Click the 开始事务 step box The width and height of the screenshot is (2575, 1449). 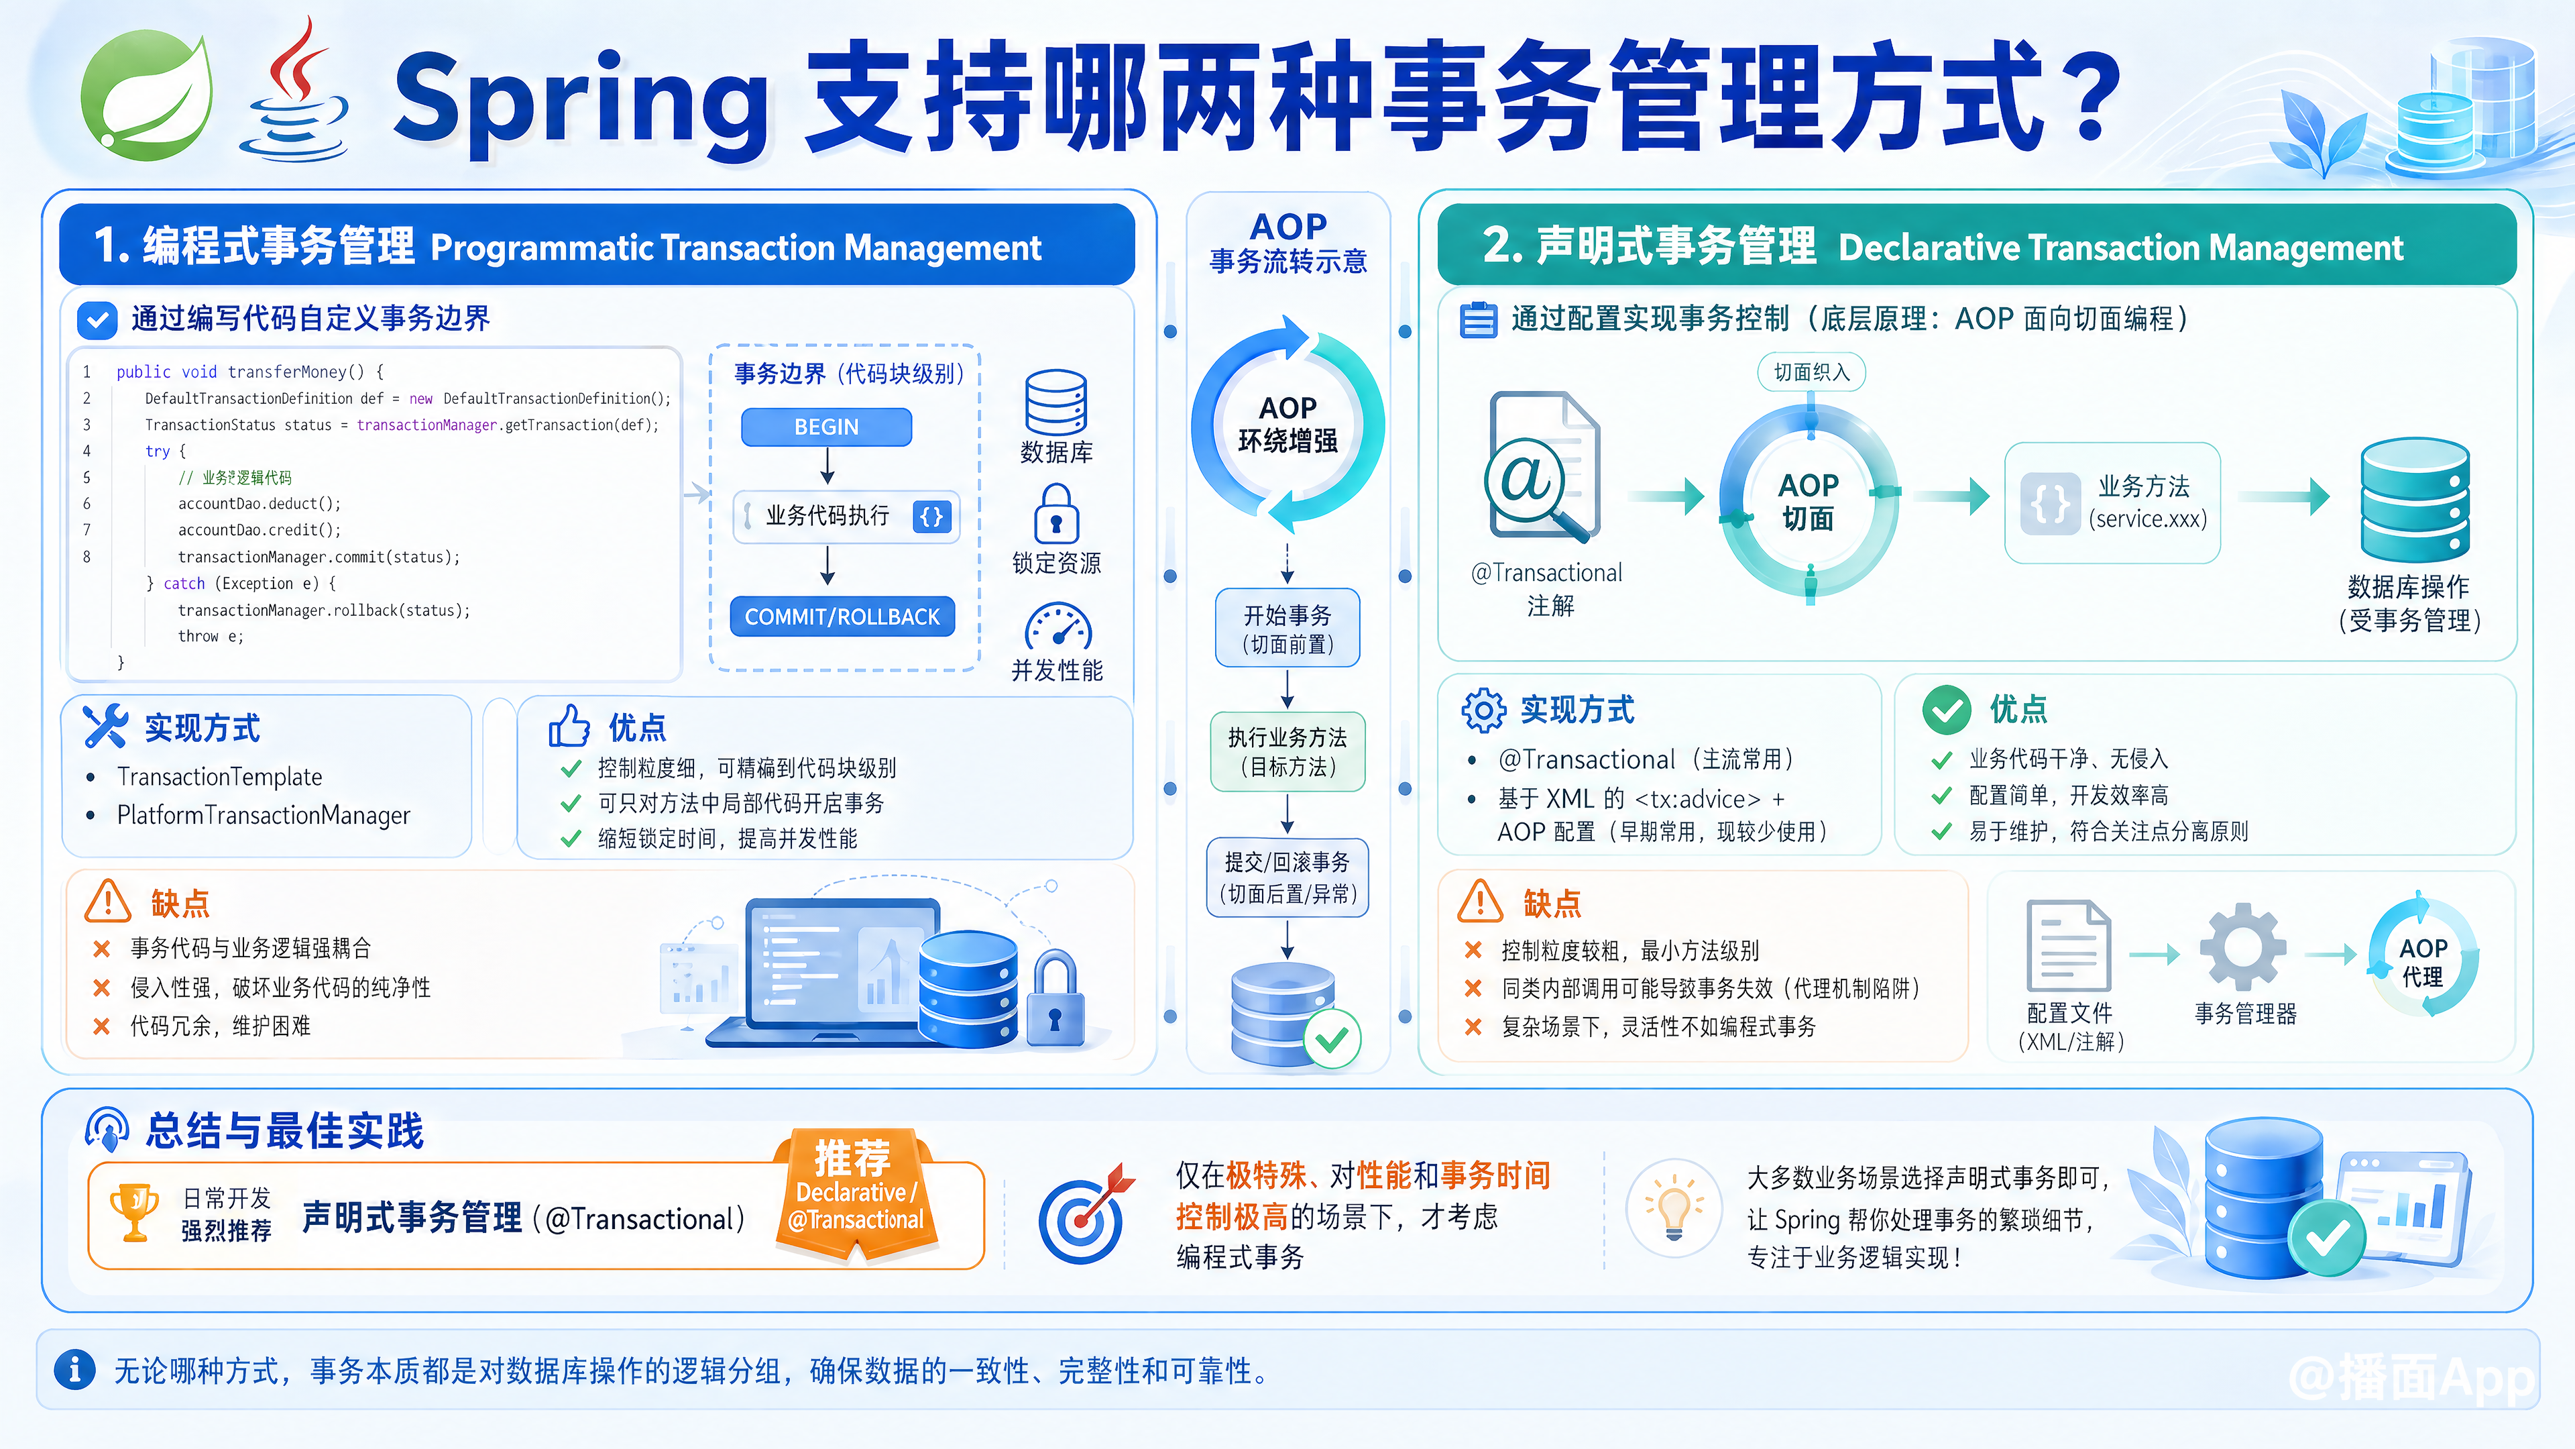[1287, 628]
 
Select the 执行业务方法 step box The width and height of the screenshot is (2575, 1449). [1287, 751]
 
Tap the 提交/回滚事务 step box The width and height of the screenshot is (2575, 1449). [1287, 877]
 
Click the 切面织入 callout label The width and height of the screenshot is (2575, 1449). [1811, 372]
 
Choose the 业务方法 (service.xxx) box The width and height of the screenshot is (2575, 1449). [2112, 503]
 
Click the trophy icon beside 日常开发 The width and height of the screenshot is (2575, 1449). [134, 1212]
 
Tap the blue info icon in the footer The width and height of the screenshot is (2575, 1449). [75, 1369]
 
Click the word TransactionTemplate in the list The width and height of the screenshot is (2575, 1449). [220, 777]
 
